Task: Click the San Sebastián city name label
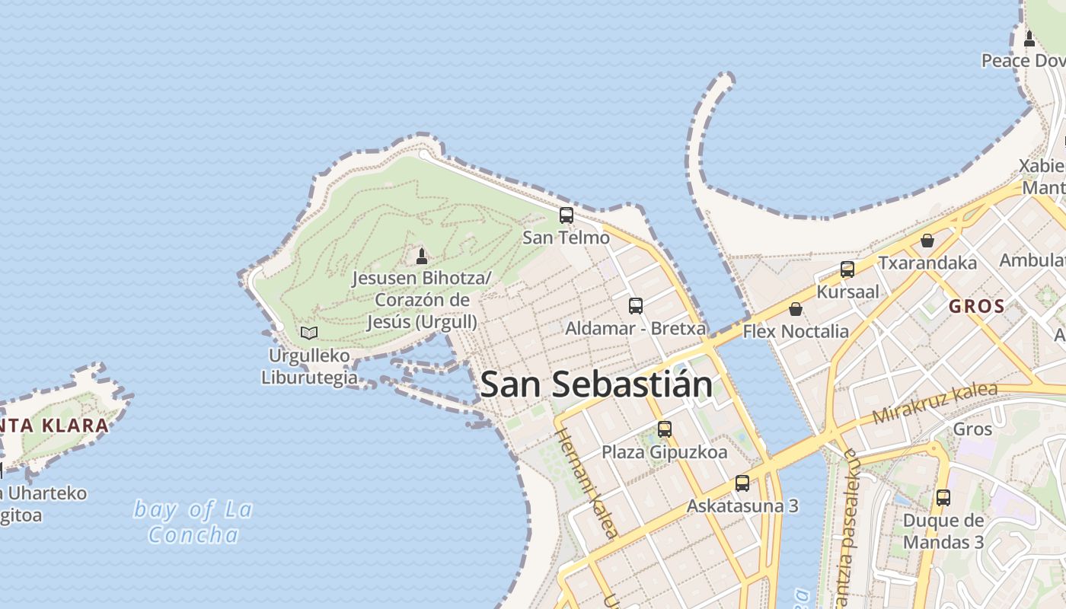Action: pyautogui.click(x=596, y=384)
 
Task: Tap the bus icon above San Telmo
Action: pyautogui.click(x=566, y=215)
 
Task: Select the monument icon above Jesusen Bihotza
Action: pyautogui.click(x=422, y=256)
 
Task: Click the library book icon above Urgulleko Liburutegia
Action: pyautogui.click(x=308, y=333)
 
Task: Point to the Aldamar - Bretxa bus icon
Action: pyautogui.click(x=635, y=306)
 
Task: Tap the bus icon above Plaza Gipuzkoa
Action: pyautogui.click(x=665, y=429)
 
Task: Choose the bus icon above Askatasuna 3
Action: pyautogui.click(x=742, y=483)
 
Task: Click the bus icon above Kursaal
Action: pyautogui.click(x=847, y=269)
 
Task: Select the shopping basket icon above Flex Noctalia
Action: pyautogui.click(x=796, y=309)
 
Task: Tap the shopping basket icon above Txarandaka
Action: pyautogui.click(x=927, y=241)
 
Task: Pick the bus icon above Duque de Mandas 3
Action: pyautogui.click(x=943, y=498)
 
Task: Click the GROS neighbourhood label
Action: pyautogui.click(x=976, y=307)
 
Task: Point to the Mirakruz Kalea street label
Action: pyautogui.click(x=934, y=403)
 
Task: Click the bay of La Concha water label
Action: pyautogui.click(x=193, y=521)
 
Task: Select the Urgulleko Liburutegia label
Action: pyautogui.click(x=309, y=366)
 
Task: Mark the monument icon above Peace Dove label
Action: pyautogui.click(x=1029, y=38)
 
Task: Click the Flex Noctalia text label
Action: pyautogui.click(x=796, y=331)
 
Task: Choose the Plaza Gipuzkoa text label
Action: pyautogui.click(x=665, y=452)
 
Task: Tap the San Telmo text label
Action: pyautogui.click(x=566, y=238)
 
